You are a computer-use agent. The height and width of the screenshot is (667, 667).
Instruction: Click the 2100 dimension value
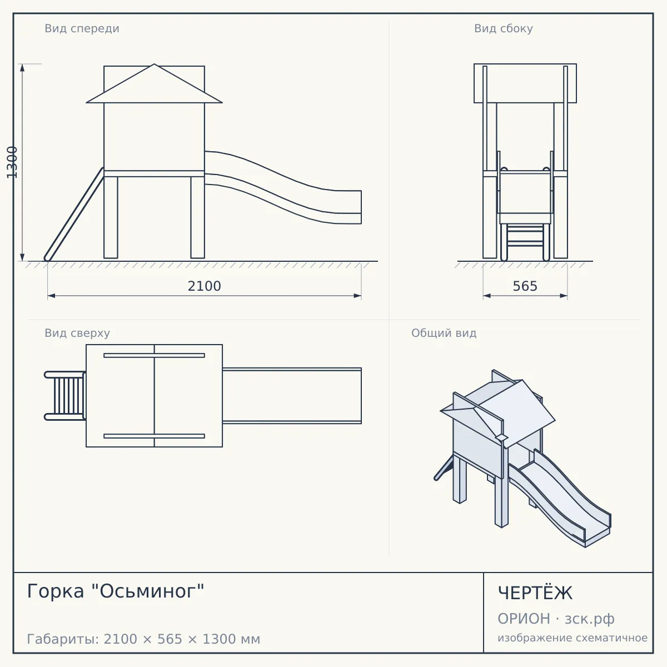point(204,286)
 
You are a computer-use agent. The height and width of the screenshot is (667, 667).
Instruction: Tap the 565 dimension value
point(525,286)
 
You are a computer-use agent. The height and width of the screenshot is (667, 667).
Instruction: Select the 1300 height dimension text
point(12,162)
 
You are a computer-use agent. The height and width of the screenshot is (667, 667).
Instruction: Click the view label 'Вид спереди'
point(82,28)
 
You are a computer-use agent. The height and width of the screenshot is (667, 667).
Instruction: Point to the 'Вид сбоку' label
point(503,28)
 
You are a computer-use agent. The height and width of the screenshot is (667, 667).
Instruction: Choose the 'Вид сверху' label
point(77,333)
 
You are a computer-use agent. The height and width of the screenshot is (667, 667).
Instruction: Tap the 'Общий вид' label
point(444,333)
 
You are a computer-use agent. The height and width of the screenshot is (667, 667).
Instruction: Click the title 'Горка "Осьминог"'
point(116,591)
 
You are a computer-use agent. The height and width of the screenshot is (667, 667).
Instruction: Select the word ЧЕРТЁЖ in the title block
point(535,593)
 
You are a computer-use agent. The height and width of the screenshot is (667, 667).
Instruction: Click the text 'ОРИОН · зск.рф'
point(556,619)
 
